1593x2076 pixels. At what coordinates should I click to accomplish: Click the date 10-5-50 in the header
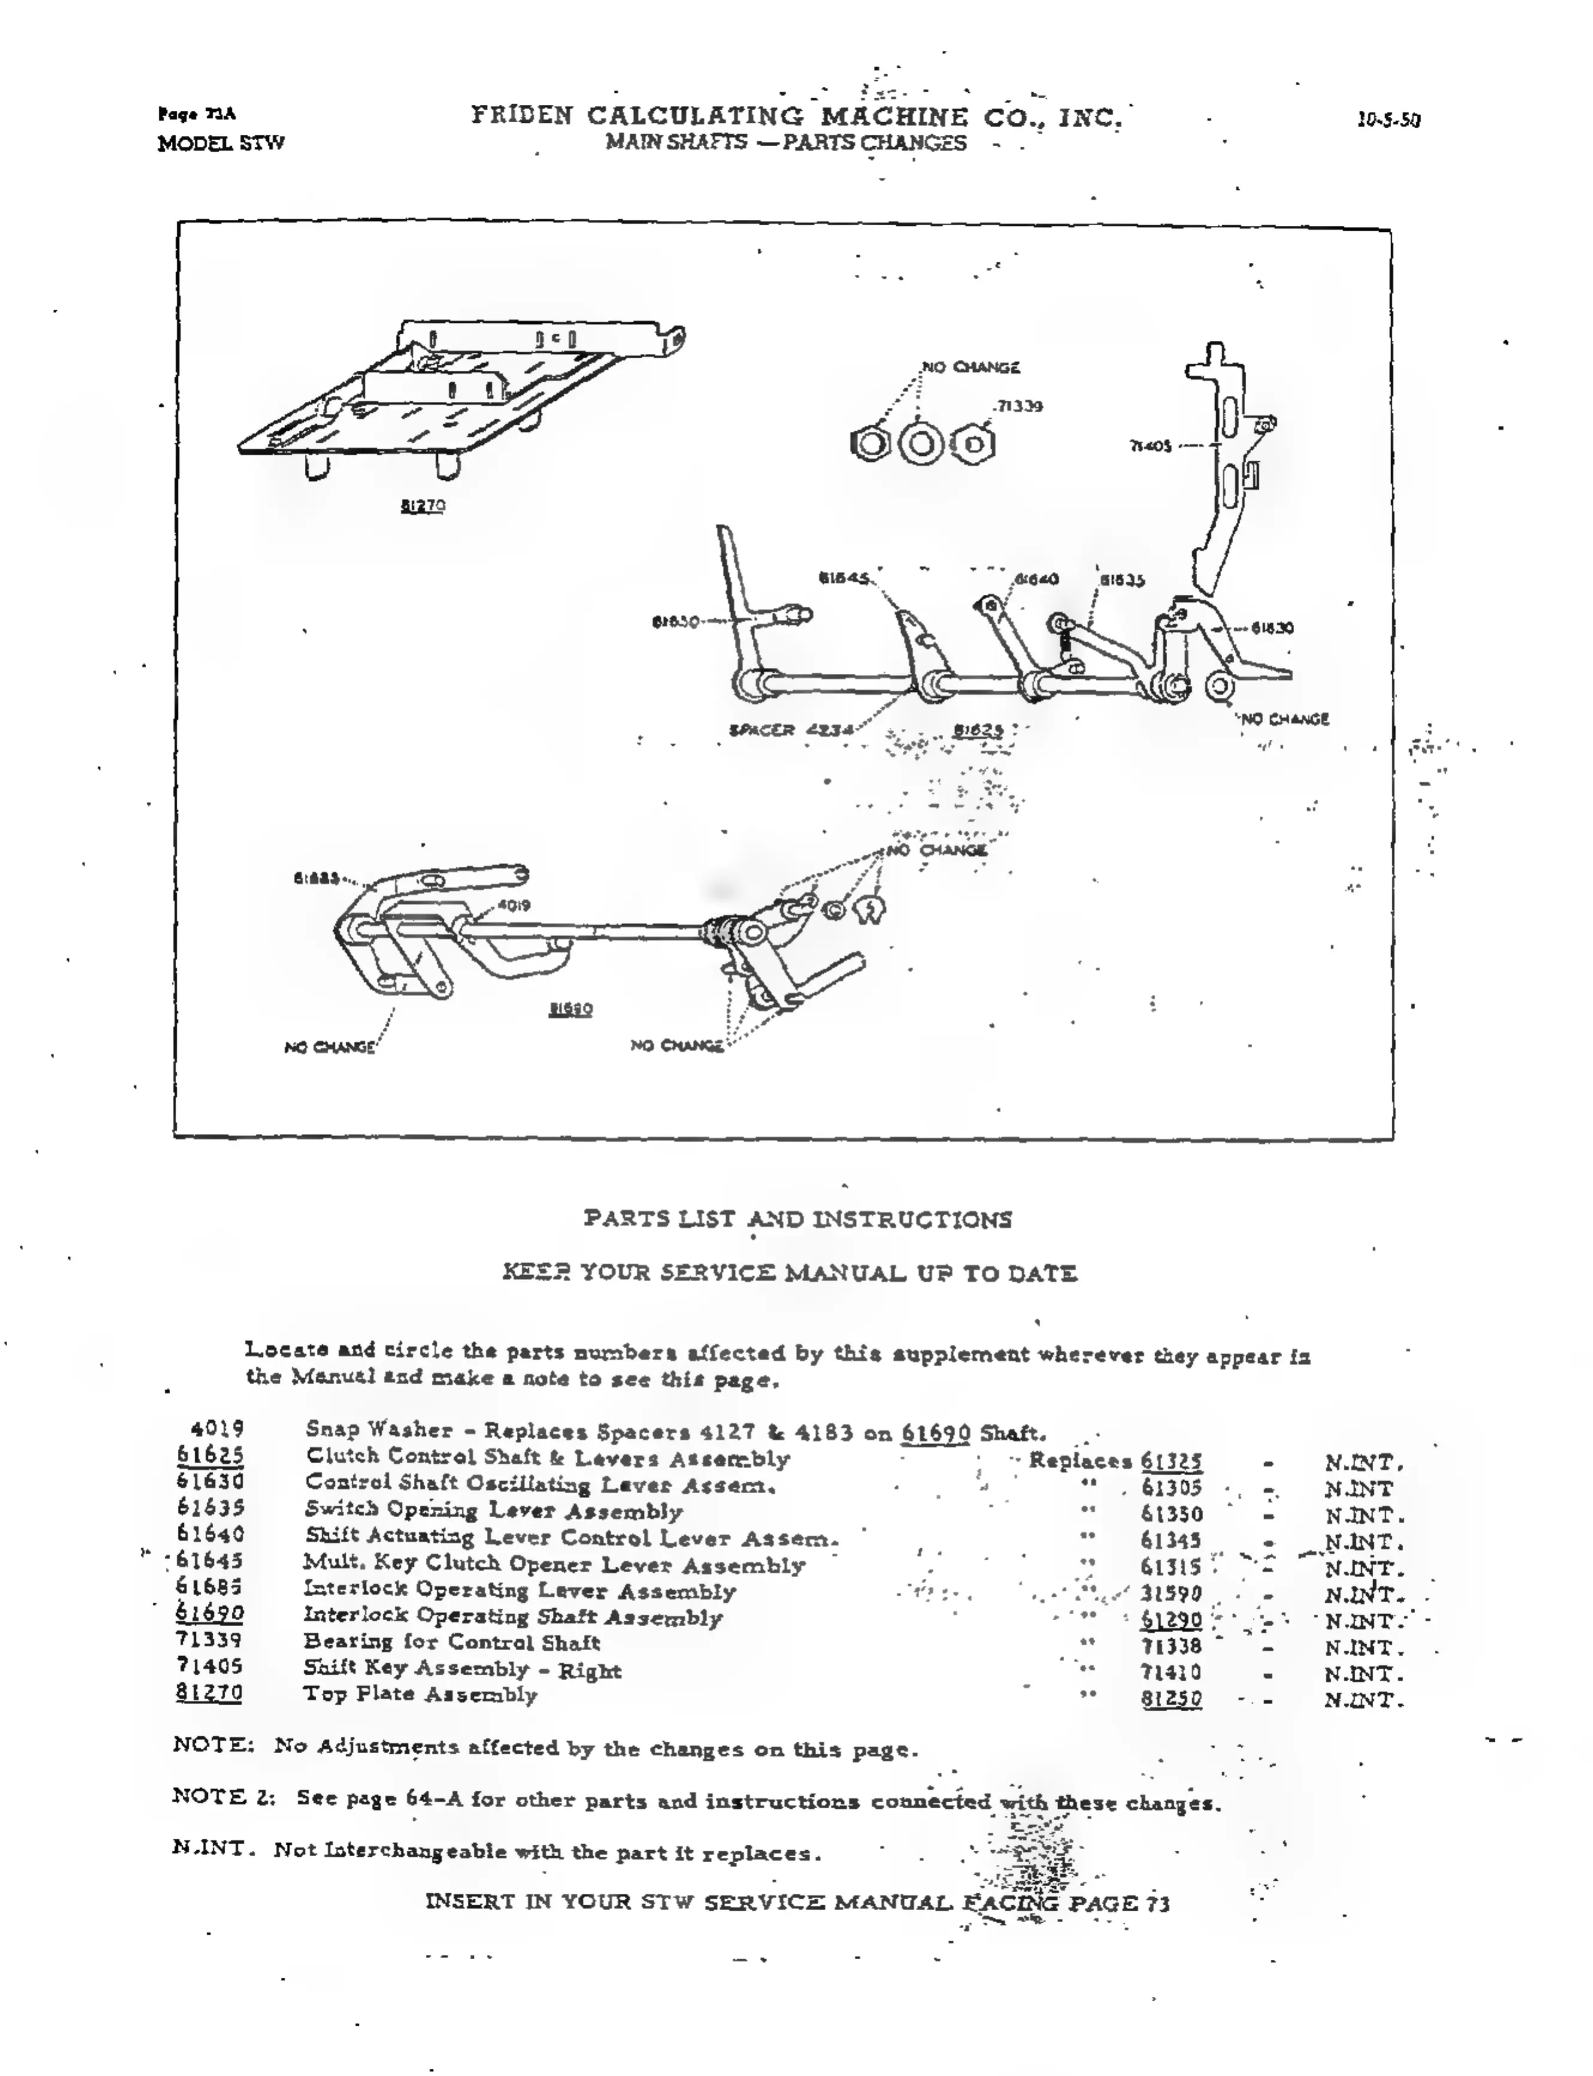(x=1388, y=120)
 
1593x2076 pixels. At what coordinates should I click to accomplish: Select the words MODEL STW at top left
(x=221, y=143)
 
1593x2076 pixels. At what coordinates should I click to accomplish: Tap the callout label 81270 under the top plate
(x=422, y=506)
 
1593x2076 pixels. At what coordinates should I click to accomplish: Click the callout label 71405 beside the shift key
(x=1150, y=445)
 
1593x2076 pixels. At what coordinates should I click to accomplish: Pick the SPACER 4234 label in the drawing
(x=790, y=730)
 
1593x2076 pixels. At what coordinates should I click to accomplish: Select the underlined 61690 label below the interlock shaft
(x=571, y=1009)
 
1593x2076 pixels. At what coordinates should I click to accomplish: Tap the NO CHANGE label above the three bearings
(x=970, y=367)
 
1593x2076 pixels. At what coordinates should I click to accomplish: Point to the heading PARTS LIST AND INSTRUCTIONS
(x=798, y=1219)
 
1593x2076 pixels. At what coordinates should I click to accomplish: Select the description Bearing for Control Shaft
(x=452, y=1642)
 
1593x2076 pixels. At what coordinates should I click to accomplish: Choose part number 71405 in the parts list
(x=210, y=1665)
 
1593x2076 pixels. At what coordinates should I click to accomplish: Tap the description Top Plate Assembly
(x=420, y=1694)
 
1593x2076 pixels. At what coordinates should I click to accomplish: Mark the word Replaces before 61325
(x=1080, y=1460)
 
